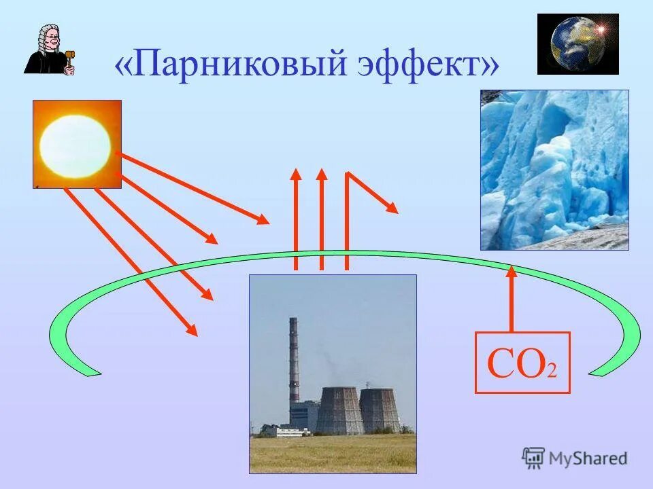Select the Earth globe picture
pos(577,43)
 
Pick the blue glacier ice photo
pos(554,170)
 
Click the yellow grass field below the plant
pos(333,453)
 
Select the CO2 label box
pos(522,363)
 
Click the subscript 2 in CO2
pos(552,372)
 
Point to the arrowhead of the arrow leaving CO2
pos(512,271)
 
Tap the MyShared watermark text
pos(588,458)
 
